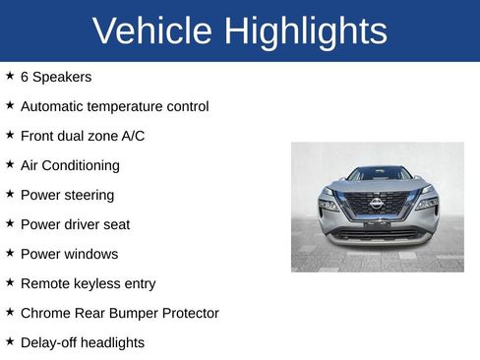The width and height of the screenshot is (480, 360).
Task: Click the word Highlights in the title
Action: tap(306, 31)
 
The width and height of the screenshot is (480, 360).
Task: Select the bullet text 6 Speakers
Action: tap(55, 77)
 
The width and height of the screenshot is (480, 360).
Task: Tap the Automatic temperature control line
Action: tap(114, 106)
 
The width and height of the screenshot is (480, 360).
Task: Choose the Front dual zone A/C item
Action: tap(82, 136)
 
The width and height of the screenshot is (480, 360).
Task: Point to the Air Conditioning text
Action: tap(70, 165)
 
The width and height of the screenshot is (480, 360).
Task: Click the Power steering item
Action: tap(67, 195)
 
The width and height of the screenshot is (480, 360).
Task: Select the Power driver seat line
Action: tap(75, 224)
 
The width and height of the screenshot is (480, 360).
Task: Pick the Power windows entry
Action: tap(69, 254)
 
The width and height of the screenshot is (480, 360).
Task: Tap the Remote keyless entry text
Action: tap(88, 283)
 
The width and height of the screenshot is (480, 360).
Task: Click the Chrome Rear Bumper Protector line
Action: tap(119, 313)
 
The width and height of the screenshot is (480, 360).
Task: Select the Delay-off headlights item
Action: tap(82, 342)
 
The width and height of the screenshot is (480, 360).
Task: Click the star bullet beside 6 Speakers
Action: tap(10, 76)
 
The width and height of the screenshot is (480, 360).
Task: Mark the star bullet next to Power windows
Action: tap(10, 253)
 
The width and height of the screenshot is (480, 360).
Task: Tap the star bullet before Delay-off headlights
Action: tap(10, 341)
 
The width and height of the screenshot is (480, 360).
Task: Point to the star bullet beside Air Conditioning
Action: tap(10, 164)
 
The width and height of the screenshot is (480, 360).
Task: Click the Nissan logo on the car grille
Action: tap(377, 203)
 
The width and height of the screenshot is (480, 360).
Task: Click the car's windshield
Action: tap(379, 174)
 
